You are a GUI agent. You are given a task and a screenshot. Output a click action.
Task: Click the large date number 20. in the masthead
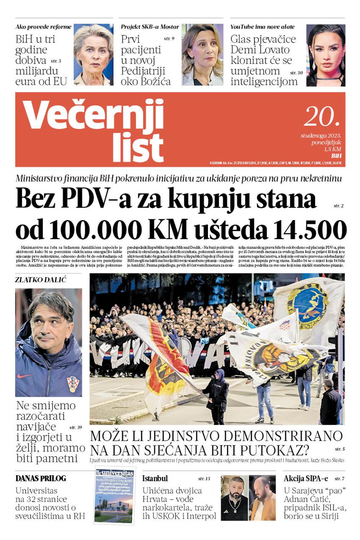(322, 116)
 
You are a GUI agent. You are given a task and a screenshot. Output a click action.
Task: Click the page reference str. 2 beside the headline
(338, 206)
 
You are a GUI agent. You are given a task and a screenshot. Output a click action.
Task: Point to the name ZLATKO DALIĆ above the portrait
(41, 280)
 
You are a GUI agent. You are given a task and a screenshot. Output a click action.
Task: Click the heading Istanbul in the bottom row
(155, 478)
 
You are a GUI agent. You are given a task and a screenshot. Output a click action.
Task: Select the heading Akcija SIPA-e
(306, 478)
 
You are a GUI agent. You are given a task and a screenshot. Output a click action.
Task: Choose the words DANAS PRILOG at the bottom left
(41, 478)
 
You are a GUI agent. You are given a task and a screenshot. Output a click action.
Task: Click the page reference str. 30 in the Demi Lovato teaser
(296, 73)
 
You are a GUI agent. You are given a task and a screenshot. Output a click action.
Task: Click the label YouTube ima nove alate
(262, 27)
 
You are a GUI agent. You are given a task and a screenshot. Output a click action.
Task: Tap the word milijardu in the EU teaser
(37, 71)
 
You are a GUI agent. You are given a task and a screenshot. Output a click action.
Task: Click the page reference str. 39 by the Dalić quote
(75, 427)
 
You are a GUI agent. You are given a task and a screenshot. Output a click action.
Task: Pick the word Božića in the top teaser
(155, 82)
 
